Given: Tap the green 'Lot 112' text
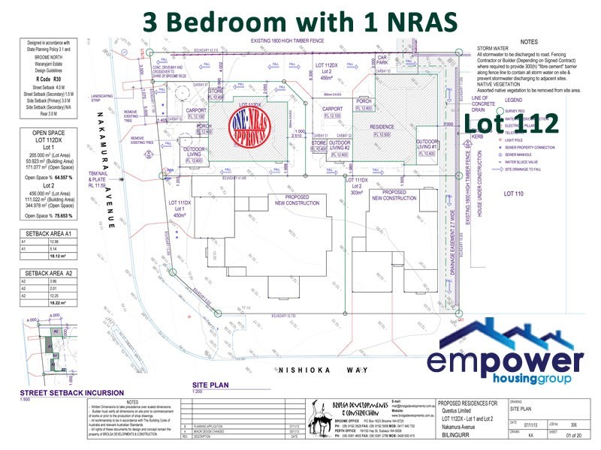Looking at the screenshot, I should tap(511, 122).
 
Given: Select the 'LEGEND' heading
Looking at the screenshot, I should tap(515, 99).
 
